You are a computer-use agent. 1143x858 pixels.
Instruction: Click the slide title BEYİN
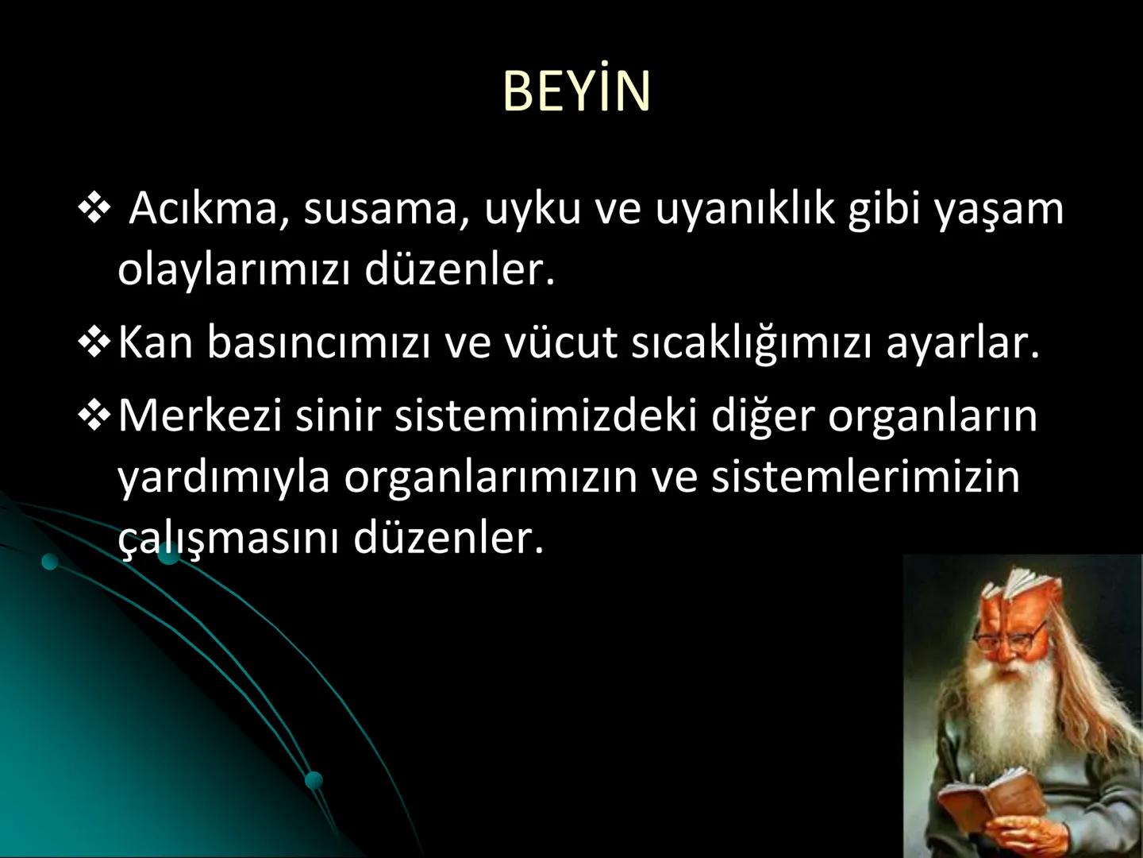(576, 91)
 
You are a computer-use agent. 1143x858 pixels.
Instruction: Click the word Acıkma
(203, 209)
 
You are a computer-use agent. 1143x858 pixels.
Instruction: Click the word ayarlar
(962, 343)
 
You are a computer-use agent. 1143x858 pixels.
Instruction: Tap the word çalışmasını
(228, 539)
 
